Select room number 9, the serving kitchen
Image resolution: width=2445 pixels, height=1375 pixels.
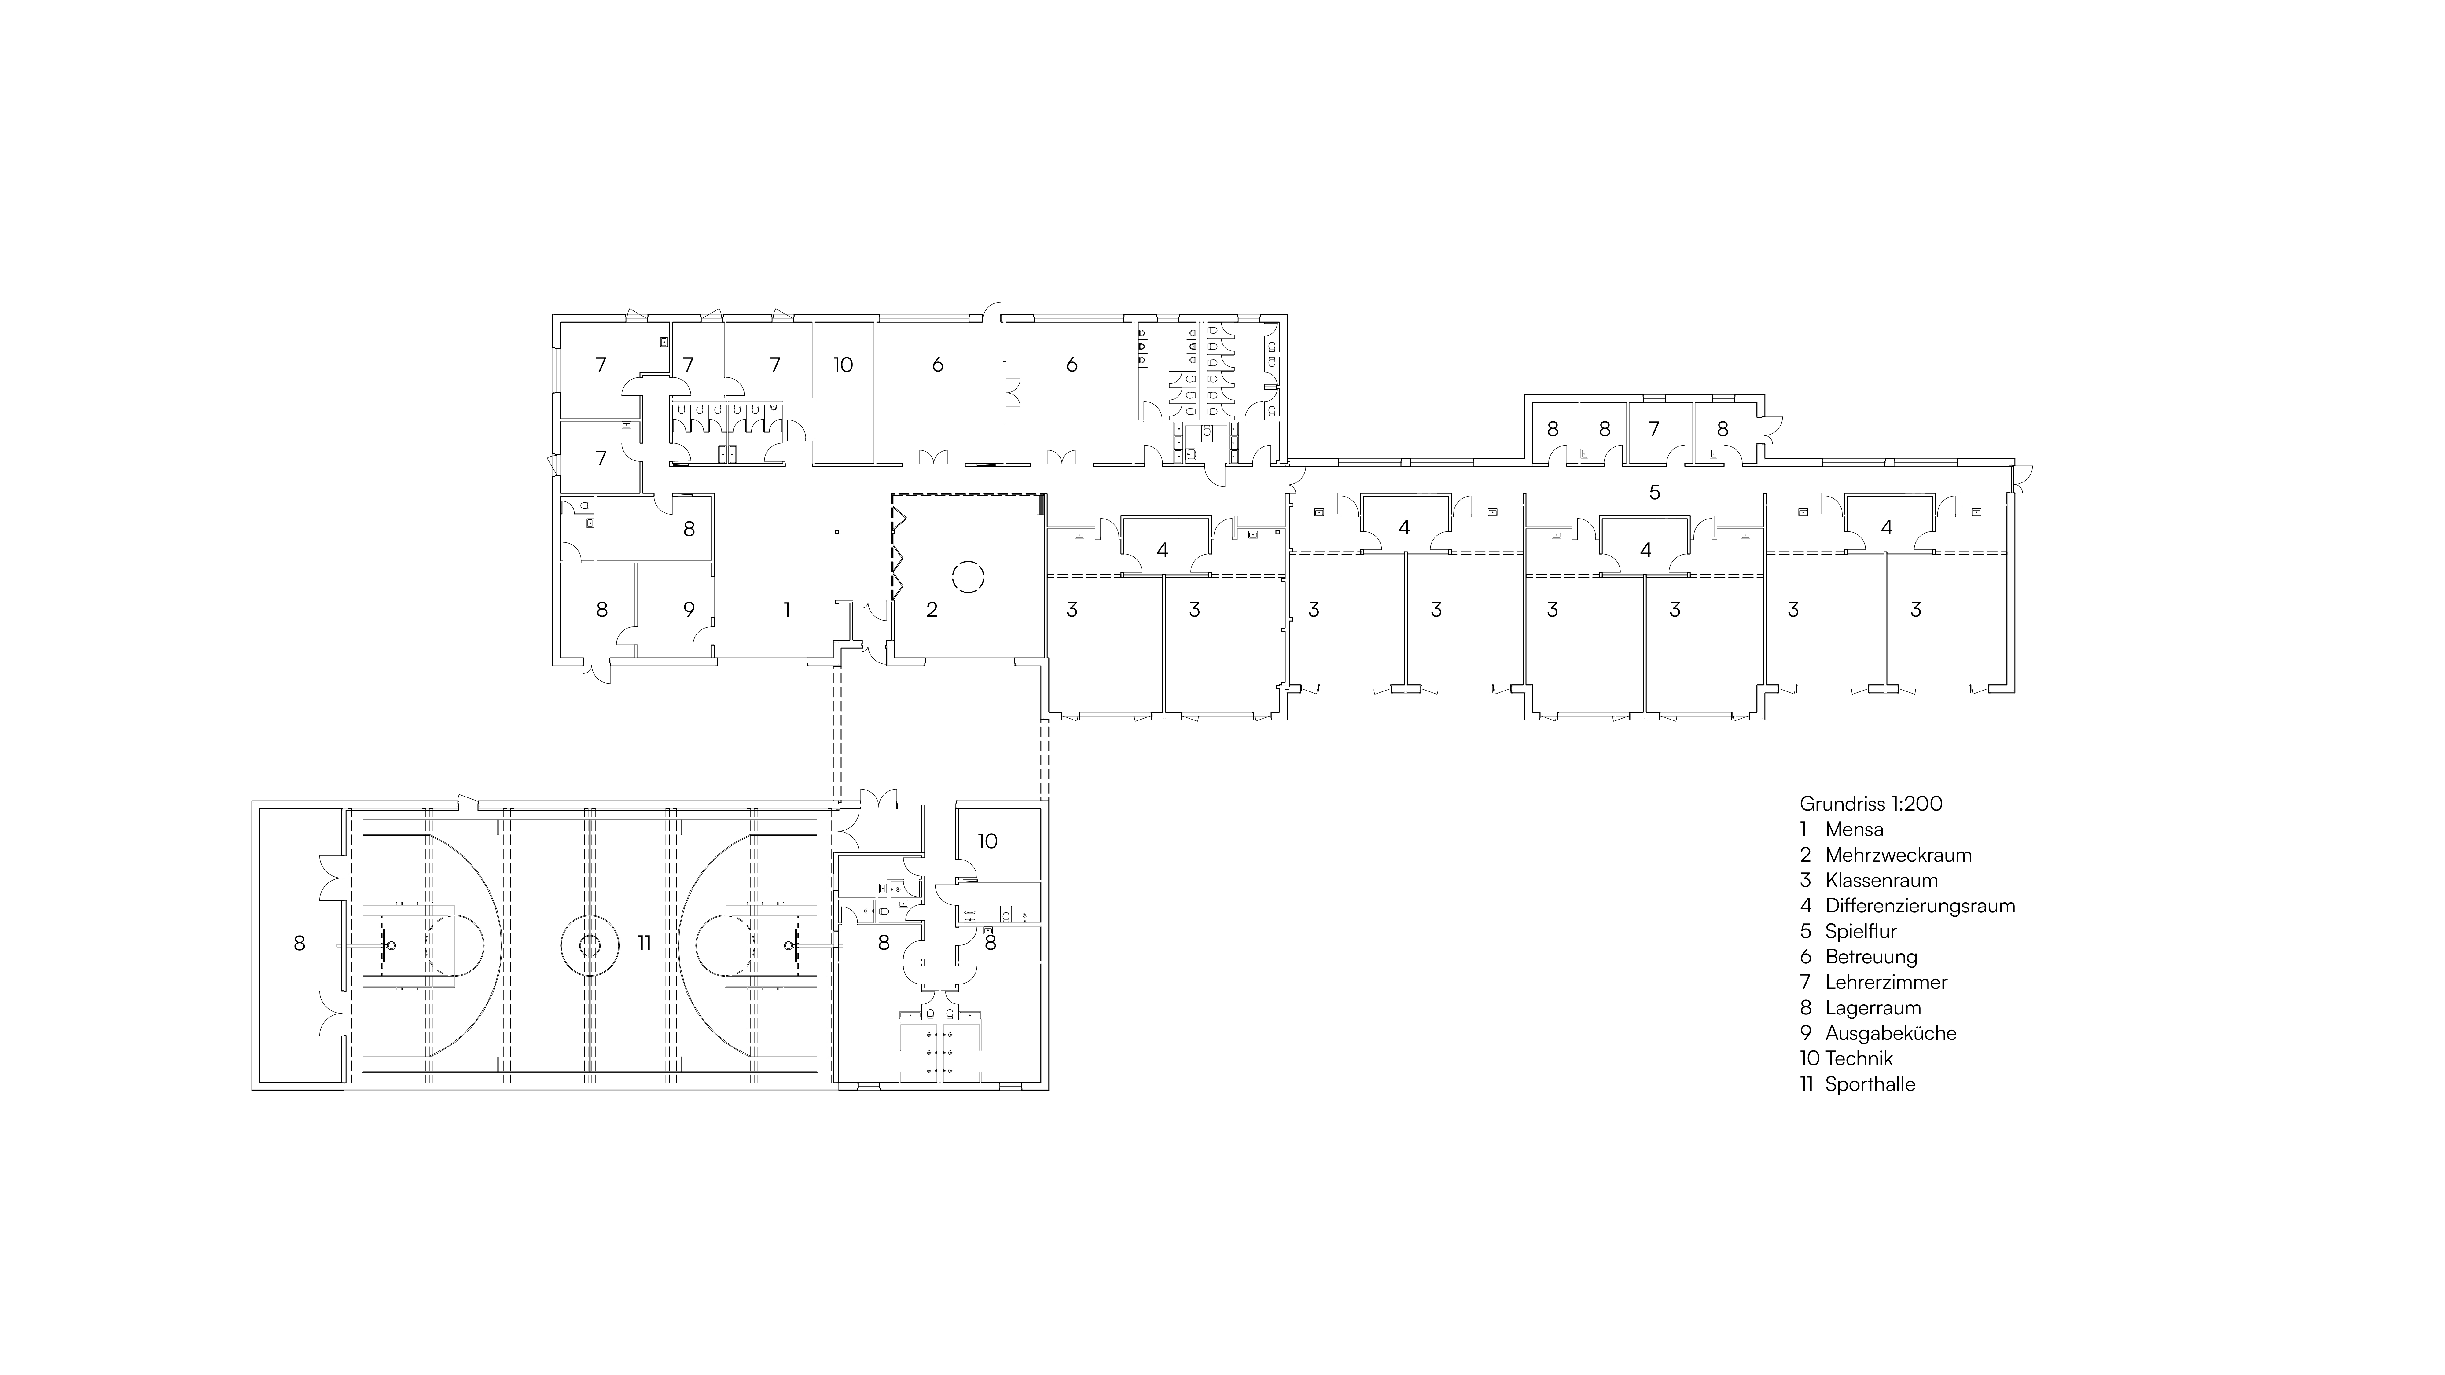[689, 609]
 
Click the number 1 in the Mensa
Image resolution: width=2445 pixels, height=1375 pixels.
[787, 609]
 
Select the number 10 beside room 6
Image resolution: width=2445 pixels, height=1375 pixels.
[843, 365]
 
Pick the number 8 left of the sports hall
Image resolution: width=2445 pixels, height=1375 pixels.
[300, 943]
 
